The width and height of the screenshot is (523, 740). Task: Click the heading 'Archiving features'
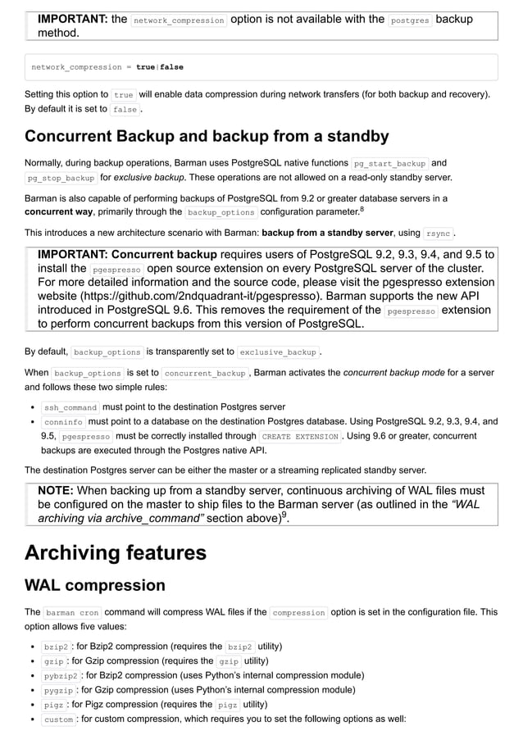[x=116, y=552]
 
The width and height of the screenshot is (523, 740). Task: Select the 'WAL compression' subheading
[x=95, y=585]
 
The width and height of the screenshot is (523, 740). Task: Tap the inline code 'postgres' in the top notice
[x=409, y=20]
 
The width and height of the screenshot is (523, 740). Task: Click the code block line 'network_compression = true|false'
[x=107, y=66]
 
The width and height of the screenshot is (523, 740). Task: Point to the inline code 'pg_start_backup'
[x=389, y=163]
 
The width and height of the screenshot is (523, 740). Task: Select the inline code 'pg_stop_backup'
[x=61, y=178]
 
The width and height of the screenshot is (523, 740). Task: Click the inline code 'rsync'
[x=439, y=234]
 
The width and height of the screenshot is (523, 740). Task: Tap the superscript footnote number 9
[x=284, y=515]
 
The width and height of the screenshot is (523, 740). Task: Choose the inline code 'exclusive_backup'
[x=278, y=352]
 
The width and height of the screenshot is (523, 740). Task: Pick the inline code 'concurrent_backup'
[x=206, y=374]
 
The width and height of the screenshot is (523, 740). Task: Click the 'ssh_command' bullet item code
[x=70, y=407]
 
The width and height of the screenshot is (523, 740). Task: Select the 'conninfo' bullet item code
[x=63, y=422]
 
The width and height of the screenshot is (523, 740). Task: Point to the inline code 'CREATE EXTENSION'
[x=300, y=437]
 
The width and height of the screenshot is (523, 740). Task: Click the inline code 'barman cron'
[x=72, y=612]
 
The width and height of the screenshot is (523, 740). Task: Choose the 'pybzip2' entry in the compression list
[x=61, y=675]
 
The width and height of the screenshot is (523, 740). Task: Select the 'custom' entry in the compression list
[x=58, y=720]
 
